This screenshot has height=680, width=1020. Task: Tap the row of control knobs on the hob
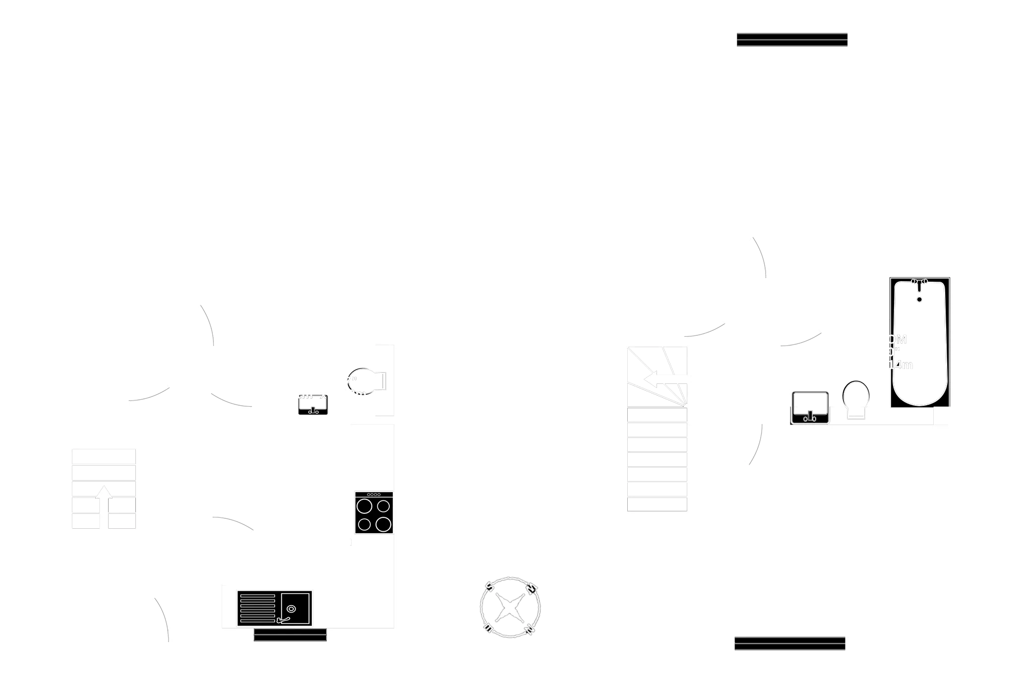pos(374,495)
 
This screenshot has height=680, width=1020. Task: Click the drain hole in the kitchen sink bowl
pos(291,609)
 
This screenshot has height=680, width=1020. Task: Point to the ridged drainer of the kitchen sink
pos(257,608)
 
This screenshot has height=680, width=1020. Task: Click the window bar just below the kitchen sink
pos(290,635)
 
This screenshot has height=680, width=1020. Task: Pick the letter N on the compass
pos(530,630)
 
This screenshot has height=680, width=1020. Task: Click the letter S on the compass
pos(488,588)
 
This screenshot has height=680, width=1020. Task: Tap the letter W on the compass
pos(531,589)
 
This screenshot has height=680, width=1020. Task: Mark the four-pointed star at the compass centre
pos(510,608)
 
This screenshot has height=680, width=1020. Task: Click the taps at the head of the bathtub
pos(919,283)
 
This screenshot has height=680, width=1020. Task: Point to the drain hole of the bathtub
pos(919,299)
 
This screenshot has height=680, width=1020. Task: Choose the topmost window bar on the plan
pos(792,40)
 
